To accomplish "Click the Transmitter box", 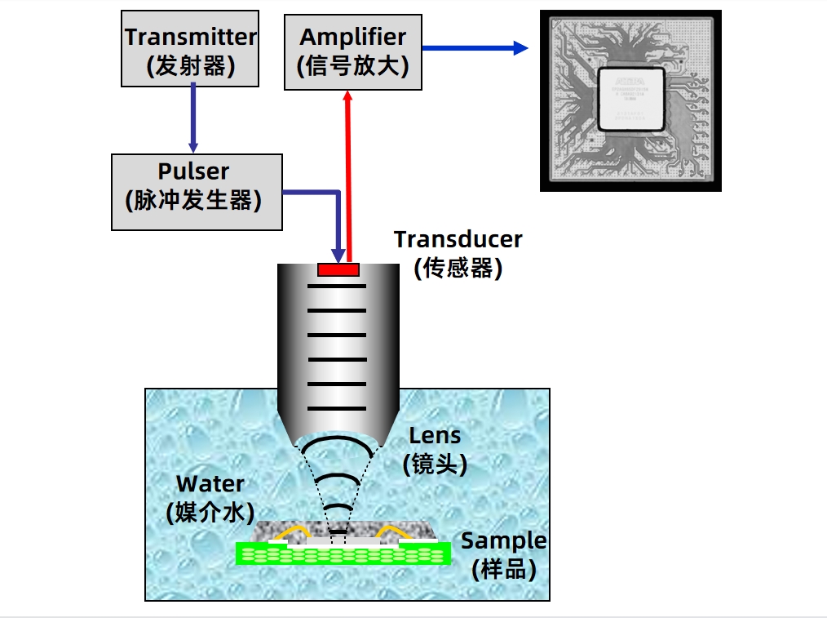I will coord(190,48).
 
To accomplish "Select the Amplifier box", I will coord(352,50).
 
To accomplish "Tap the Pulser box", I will coord(196,192).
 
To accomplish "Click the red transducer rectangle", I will coord(338,269).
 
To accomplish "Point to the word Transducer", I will coord(458,239).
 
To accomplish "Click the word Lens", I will coord(435,436).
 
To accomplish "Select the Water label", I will coord(210,484).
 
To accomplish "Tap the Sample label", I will coord(503,540).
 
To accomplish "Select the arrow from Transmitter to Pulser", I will coord(193,119).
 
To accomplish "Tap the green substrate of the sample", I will coord(343,555).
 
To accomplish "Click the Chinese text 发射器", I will coord(190,65).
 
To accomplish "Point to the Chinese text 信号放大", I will coord(352,65).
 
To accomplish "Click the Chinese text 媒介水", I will coord(210,513).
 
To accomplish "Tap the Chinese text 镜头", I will coord(435,465).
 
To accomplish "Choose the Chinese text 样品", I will coord(503,569).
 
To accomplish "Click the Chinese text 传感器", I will coord(458,268).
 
